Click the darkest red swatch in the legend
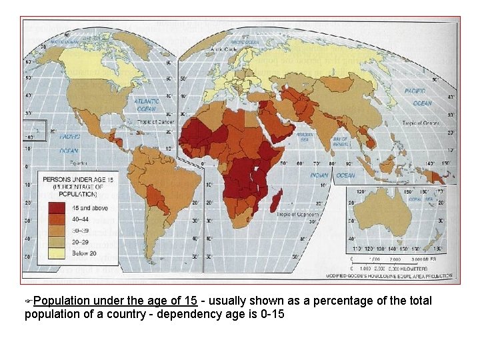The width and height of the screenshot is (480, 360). click(x=57, y=208)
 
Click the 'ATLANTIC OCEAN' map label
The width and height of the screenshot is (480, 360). click(x=147, y=105)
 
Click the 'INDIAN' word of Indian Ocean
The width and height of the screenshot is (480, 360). click(x=319, y=175)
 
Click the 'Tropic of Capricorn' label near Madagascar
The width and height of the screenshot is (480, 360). click(x=295, y=213)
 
